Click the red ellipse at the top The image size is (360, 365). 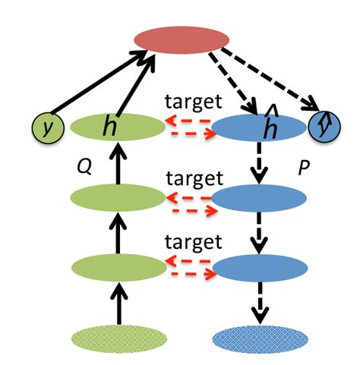(182, 39)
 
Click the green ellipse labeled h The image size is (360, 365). (117, 127)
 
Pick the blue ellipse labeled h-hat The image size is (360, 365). (258, 127)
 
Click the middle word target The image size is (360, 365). (195, 179)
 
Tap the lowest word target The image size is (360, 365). (195, 242)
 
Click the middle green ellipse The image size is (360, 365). (117, 198)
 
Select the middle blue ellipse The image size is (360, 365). (258, 198)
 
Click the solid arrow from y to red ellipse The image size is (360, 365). (99, 87)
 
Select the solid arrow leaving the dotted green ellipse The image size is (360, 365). (117, 304)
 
